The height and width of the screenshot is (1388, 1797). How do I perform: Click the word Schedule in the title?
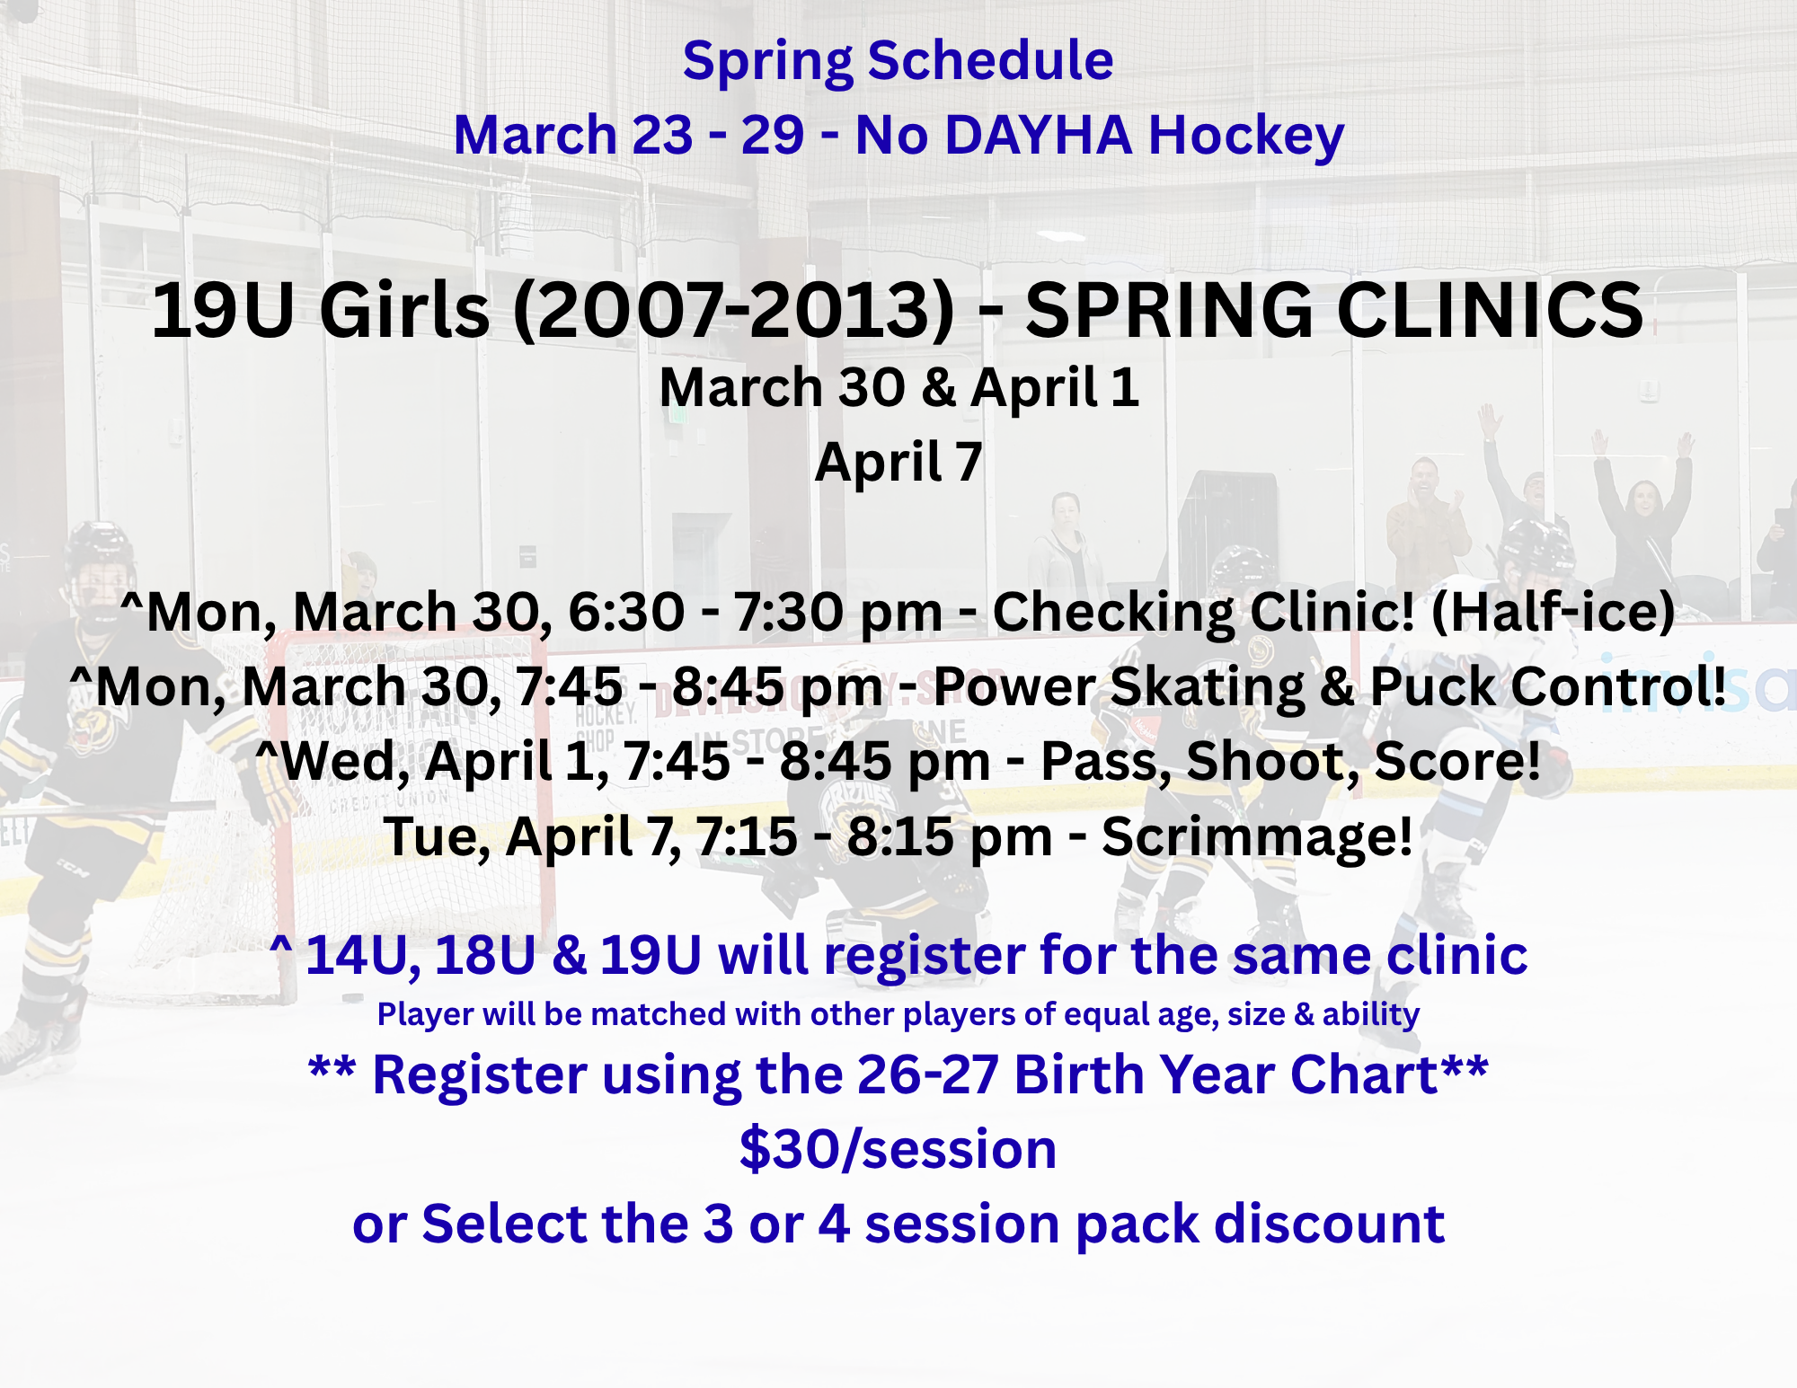point(990,61)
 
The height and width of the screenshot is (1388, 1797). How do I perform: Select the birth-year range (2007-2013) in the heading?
point(734,310)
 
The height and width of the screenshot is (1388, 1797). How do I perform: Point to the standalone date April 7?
point(898,463)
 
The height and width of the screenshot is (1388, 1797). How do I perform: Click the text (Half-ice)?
point(1553,612)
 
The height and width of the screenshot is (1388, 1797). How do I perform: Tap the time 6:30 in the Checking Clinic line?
point(626,612)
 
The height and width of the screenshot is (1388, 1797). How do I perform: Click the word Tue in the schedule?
point(437,837)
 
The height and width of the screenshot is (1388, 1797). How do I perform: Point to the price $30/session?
point(898,1149)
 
